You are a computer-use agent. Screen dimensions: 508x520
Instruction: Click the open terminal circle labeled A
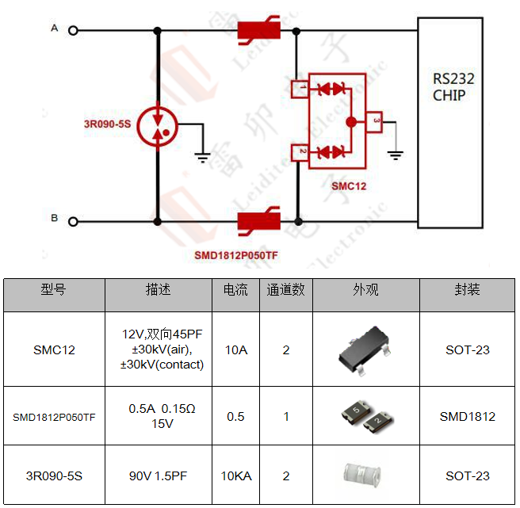[74, 31]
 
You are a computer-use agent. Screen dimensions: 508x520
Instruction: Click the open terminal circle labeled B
[74, 221]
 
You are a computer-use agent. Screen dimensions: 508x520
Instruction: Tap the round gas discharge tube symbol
[158, 126]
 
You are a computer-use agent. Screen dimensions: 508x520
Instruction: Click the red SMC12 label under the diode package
[349, 186]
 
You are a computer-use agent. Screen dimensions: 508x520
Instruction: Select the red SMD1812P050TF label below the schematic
[236, 256]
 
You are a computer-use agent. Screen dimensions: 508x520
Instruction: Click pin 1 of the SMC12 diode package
[300, 88]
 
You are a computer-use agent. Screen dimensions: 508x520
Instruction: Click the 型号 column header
[54, 290]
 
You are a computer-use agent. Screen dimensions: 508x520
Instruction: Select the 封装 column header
[467, 290]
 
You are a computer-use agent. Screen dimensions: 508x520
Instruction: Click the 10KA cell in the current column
[235, 476]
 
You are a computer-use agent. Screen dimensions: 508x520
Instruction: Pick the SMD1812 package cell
[467, 416]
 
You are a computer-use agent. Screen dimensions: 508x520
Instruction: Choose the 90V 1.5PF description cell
[159, 476]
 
